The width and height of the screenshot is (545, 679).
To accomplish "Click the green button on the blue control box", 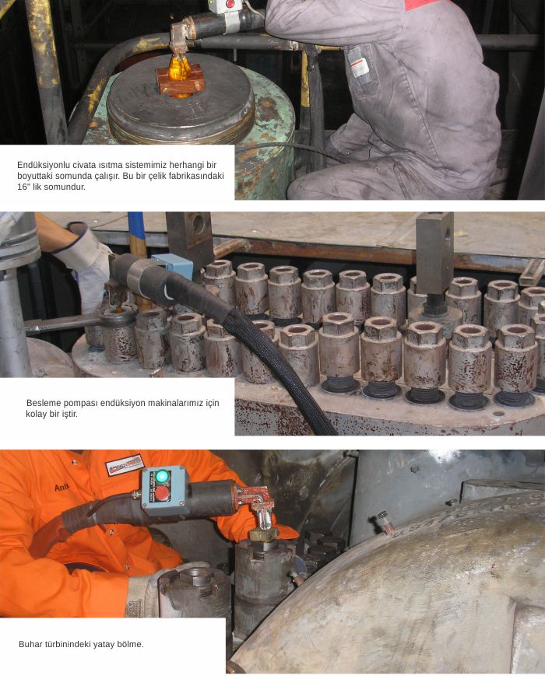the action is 162,476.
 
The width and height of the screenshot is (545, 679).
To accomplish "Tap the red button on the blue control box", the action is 163,493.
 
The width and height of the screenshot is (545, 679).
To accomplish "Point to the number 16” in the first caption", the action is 24,187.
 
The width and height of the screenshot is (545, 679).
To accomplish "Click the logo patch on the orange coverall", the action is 125,464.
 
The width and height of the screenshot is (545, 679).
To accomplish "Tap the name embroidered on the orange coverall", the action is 62,488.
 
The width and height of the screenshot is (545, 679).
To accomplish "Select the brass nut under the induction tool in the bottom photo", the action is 263,533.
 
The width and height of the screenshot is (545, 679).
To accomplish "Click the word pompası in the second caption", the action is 80,403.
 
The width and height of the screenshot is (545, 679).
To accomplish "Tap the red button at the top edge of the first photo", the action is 230,4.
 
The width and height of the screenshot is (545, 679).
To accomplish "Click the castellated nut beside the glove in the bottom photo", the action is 193,586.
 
